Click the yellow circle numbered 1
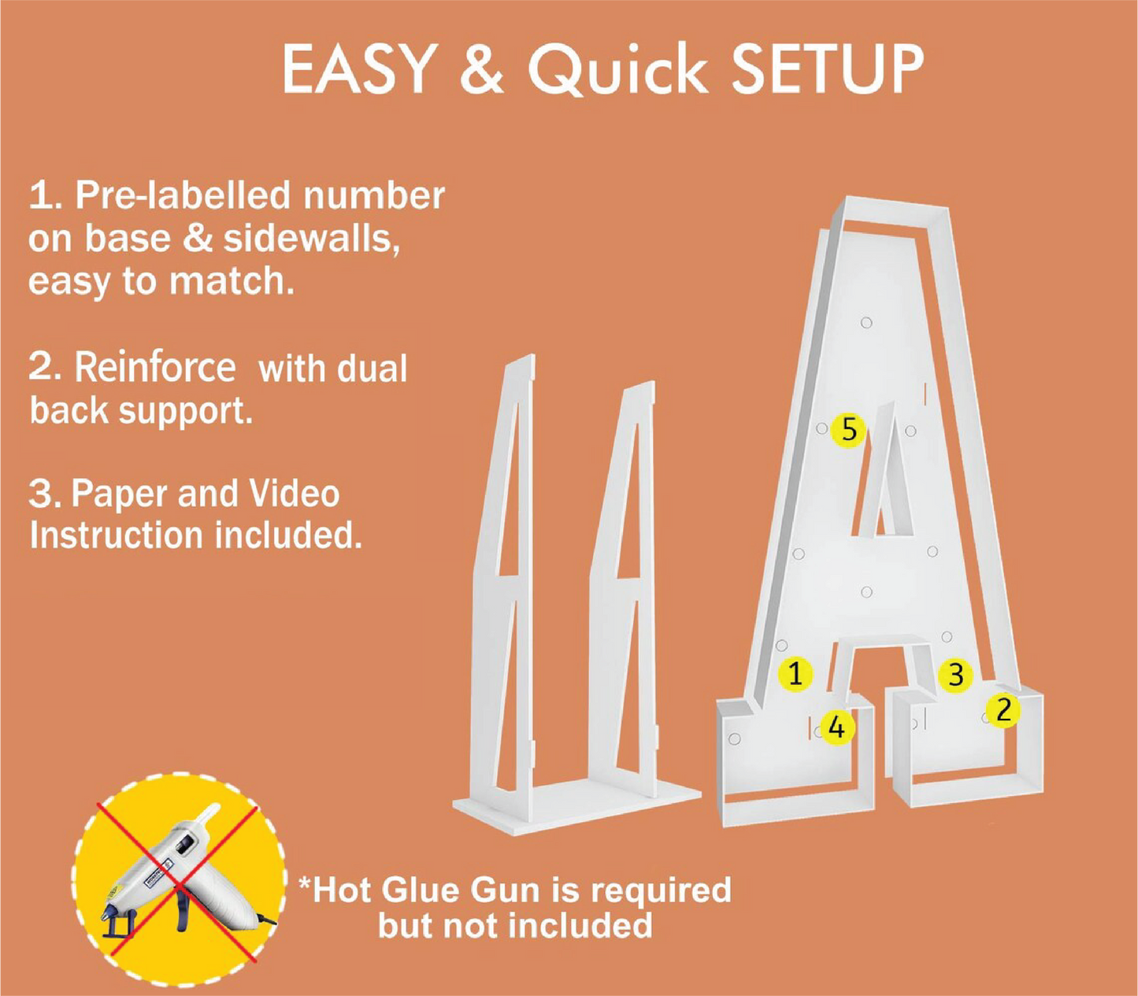click(795, 674)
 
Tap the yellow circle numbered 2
click(1003, 710)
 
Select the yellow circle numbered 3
click(955, 675)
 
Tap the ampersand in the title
click(482, 70)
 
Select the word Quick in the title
click(617, 71)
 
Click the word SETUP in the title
click(827, 70)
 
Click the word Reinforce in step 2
click(154, 368)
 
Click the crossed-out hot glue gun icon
click(179, 881)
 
